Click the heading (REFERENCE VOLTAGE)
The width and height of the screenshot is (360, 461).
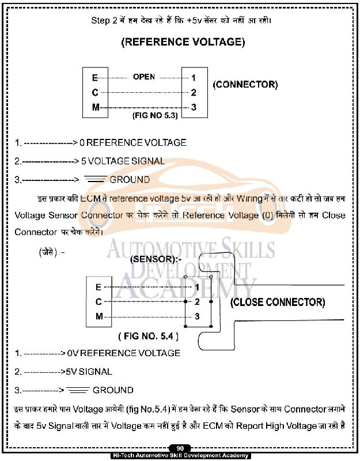pyautogui.click(x=183, y=42)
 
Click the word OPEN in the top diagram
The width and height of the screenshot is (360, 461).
pyautogui.click(x=144, y=77)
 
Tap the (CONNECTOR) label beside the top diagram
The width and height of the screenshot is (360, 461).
pyautogui.click(x=245, y=85)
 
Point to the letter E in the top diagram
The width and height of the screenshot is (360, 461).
pyautogui.click(x=95, y=78)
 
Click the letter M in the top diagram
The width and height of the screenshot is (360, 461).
pyautogui.click(x=96, y=107)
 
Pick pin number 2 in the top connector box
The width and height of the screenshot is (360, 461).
pyautogui.click(x=194, y=92)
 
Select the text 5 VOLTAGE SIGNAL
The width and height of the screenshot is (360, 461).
pyautogui.click(x=127, y=161)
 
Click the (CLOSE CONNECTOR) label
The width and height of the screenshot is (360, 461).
pyautogui.click(x=278, y=302)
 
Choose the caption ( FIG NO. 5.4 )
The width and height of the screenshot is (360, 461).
pyautogui.click(x=148, y=335)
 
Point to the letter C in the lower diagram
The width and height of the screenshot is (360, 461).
pyautogui.click(x=98, y=301)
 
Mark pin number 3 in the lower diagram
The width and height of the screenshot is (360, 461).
pyautogui.click(x=197, y=316)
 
